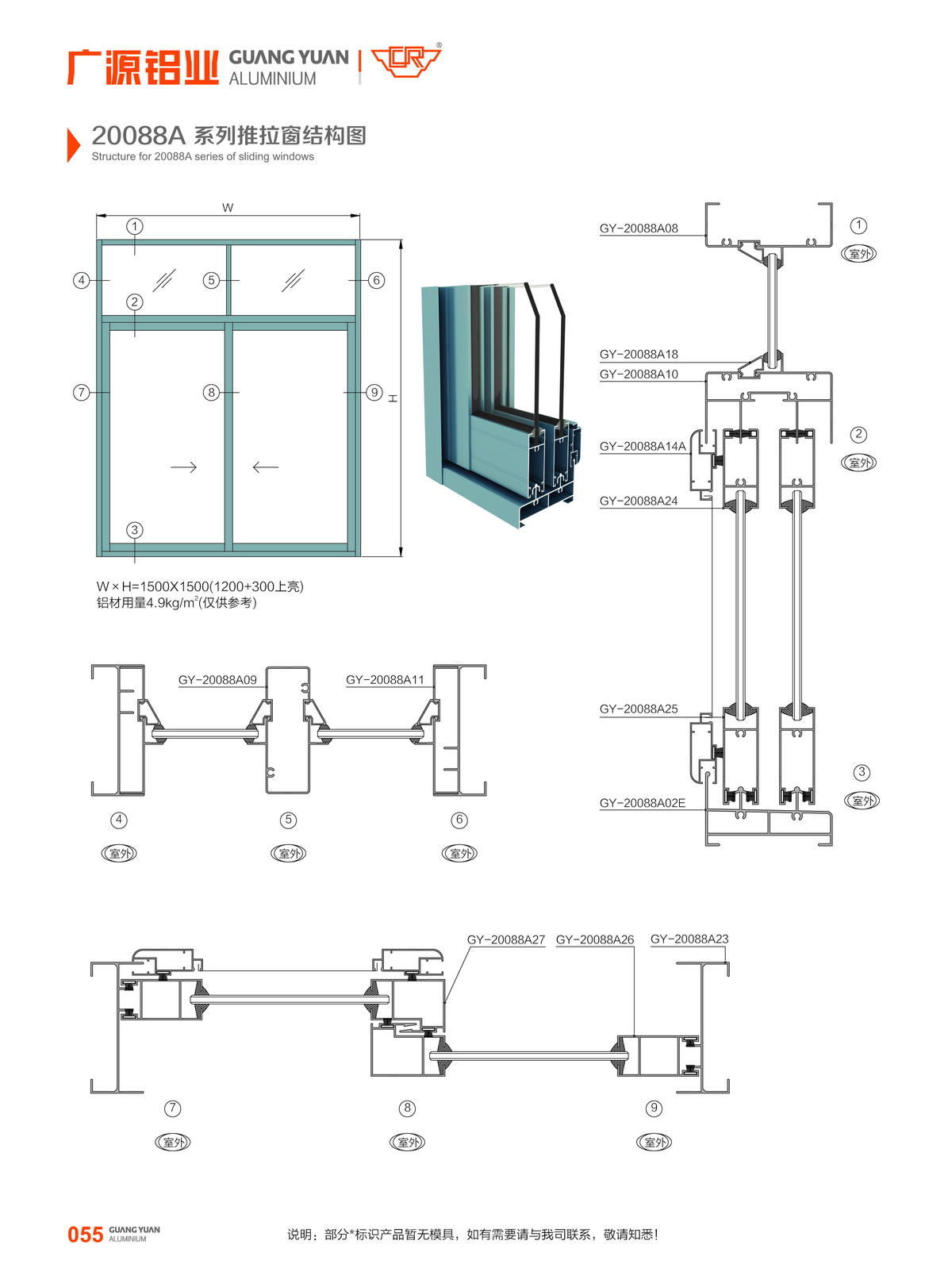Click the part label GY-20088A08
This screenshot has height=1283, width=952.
(x=639, y=229)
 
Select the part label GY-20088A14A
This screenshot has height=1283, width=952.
(x=643, y=447)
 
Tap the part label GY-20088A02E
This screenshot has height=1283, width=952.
(x=642, y=803)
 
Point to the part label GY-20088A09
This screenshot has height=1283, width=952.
(x=217, y=680)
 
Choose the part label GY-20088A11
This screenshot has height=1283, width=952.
(x=385, y=680)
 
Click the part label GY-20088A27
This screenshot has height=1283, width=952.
(x=506, y=940)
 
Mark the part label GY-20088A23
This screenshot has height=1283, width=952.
(x=689, y=939)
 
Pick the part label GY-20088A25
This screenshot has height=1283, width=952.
(x=639, y=709)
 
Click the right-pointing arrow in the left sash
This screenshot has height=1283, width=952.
(x=183, y=467)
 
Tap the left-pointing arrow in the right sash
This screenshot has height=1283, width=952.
(x=266, y=467)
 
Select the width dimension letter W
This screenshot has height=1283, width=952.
(x=228, y=208)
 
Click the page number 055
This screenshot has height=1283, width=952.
(x=85, y=1235)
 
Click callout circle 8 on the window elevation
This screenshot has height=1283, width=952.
(x=211, y=392)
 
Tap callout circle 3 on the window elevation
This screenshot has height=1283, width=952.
(x=135, y=530)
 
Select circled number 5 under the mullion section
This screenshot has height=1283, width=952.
(x=288, y=820)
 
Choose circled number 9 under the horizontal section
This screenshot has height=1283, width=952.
(x=654, y=1108)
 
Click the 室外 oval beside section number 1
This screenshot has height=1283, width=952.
(x=858, y=254)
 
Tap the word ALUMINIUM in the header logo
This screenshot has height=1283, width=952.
(x=272, y=79)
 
